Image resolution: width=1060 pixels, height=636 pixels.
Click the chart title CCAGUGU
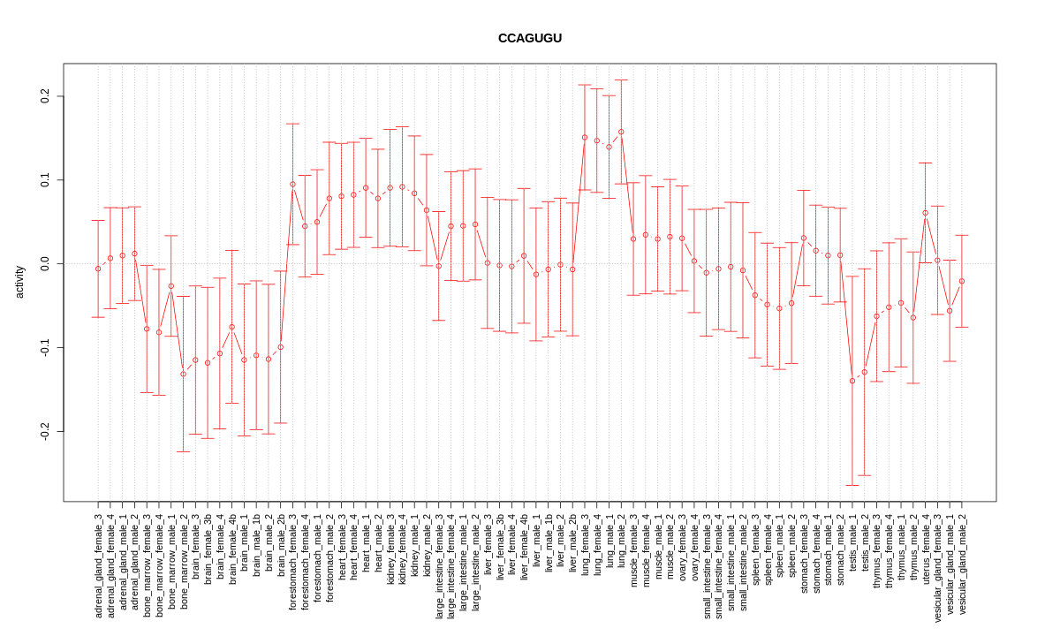pyautogui.click(x=529, y=38)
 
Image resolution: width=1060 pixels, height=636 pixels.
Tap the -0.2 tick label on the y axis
pyautogui.click(x=45, y=431)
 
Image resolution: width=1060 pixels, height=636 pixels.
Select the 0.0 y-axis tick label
pyautogui.click(x=45, y=263)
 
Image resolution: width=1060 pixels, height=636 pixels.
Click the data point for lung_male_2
pyautogui.click(x=621, y=132)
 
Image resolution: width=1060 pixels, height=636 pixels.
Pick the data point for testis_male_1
pyautogui.click(x=852, y=381)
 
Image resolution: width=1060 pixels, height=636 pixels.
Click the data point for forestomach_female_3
pyautogui.click(x=292, y=185)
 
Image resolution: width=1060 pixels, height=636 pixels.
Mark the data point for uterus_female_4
pyautogui.click(x=925, y=213)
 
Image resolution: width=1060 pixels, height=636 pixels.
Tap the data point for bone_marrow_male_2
pyautogui.click(x=183, y=374)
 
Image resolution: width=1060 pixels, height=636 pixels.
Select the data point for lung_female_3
pyautogui.click(x=585, y=137)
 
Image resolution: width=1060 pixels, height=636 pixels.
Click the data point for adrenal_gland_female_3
pyautogui.click(x=98, y=269)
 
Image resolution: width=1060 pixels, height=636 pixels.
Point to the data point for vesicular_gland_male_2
pyautogui.click(x=962, y=281)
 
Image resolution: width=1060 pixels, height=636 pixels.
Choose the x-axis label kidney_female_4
pyautogui.click(x=403, y=553)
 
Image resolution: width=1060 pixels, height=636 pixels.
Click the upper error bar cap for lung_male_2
pyautogui.click(x=621, y=79)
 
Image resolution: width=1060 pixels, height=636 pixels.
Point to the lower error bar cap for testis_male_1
pyautogui.click(x=852, y=485)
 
